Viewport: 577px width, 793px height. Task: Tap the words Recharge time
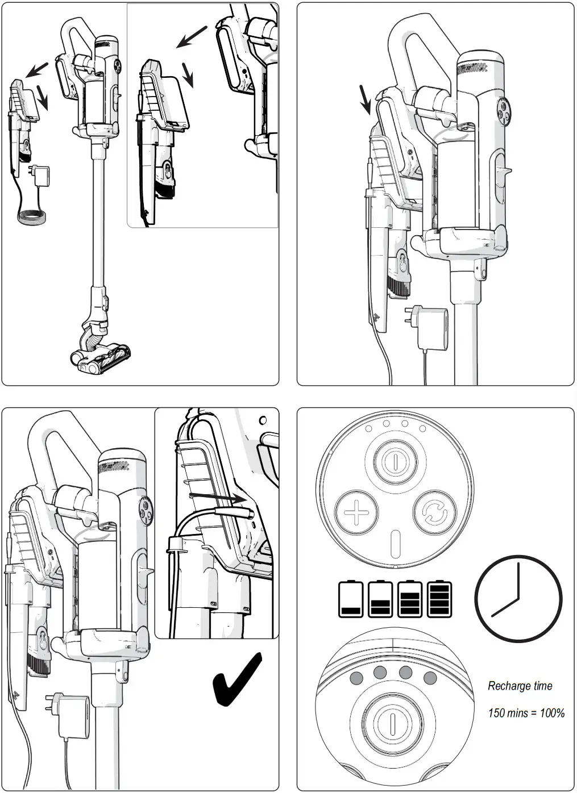pyautogui.click(x=520, y=686)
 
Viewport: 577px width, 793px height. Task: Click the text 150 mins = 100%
pyautogui.click(x=526, y=713)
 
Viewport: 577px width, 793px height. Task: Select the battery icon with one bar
pyautogui.click(x=350, y=599)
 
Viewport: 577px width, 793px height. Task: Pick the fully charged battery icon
pyautogui.click(x=439, y=599)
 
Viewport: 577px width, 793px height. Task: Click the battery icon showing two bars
pyautogui.click(x=380, y=599)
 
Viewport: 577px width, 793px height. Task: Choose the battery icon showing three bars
pyautogui.click(x=410, y=599)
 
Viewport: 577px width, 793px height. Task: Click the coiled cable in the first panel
pyautogui.click(x=31, y=218)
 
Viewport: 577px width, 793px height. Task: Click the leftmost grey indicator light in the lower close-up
pyautogui.click(x=356, y=677)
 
